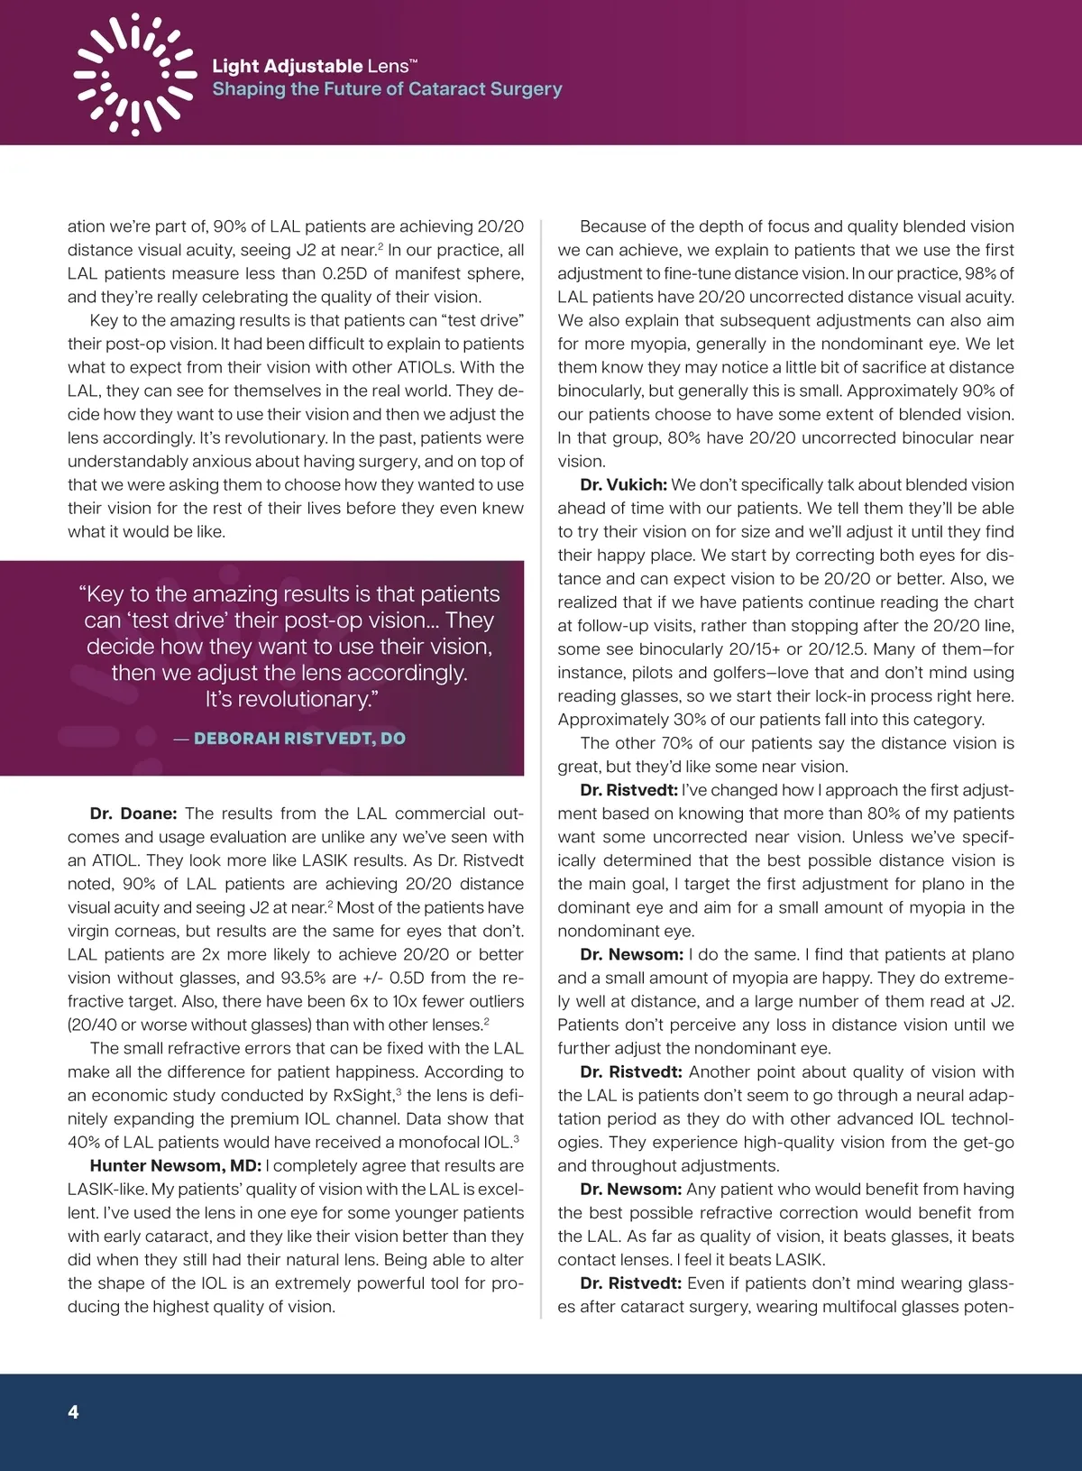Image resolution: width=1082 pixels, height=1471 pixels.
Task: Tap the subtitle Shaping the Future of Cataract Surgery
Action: [x=387, y=89]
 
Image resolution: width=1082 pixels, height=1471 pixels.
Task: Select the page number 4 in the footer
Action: [x=73, y=1411]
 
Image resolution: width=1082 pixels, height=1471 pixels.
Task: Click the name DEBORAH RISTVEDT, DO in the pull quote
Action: [x=299, y=739]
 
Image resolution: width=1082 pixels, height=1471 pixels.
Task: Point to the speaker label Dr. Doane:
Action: [x=133, y=814]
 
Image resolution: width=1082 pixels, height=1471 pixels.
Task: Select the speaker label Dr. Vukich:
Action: [x=623, y=485]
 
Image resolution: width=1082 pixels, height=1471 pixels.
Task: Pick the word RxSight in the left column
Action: [x=362, y=1096]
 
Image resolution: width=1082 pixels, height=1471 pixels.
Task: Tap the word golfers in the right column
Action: [x=711, y=673]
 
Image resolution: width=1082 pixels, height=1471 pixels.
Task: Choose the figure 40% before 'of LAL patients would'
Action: [x=84, y=1143]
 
